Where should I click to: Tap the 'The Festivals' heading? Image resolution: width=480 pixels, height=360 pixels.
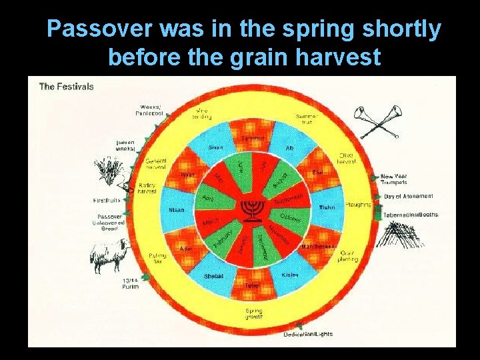click(x=66, y=86)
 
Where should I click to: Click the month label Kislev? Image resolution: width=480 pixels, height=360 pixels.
click(x=290, y=274)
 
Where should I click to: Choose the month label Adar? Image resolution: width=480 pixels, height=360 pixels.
click(x=186, y=248)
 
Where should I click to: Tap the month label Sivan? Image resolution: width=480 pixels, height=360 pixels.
click(x=215, y=147)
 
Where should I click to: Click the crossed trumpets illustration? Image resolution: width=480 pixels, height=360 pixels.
click(x=376, y=123)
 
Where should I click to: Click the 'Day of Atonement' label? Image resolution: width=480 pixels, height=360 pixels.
click(x=408, y=196)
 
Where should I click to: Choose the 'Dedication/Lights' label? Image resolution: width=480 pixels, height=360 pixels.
click(x=308, y=333)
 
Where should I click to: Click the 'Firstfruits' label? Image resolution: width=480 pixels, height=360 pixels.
click(x=107, y=200)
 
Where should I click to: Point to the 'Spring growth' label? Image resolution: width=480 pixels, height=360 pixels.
click(x=253, y=314)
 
